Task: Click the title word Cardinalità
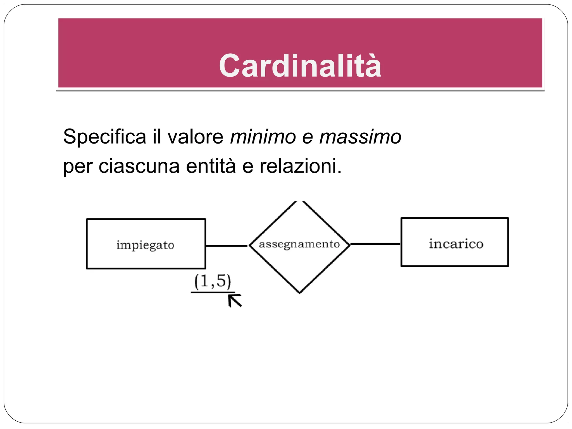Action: coord(300,66)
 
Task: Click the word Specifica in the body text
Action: coord(104,137)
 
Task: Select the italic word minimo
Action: coord(263,137)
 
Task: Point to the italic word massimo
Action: coord(360,137)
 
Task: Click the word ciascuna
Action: coord(139,166)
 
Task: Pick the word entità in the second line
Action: coord(211,166)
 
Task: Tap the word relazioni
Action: coord(301,166)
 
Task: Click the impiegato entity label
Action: coord(146,245)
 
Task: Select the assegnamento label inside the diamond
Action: coord(299,244)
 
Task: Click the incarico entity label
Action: coord(456,244)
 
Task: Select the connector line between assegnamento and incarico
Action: coord(375,244)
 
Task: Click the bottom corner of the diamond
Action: coord(300,292)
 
